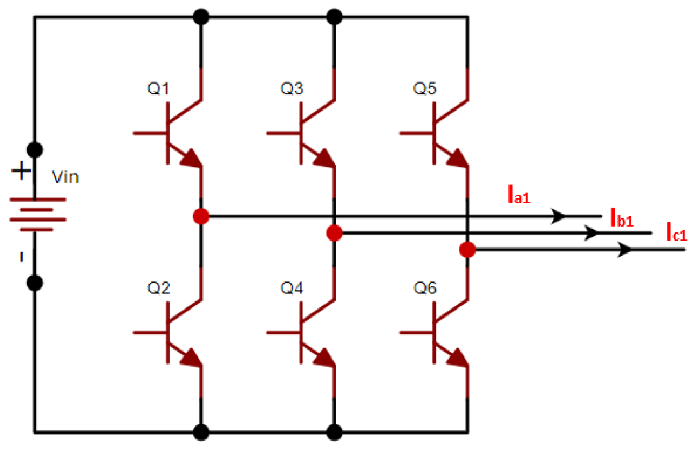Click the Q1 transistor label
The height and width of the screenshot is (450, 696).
click(158, 89)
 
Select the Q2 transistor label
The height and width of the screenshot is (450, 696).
click(159, 288)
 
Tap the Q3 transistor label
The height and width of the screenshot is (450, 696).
click(292, 89)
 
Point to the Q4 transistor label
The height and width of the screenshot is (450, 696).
click(292, 288)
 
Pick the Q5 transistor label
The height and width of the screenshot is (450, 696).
click(425, 89)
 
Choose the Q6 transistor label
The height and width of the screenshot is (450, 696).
click(425, 288)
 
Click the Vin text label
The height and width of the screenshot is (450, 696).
click(65, 177)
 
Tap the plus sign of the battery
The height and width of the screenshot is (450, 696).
click(21, 170)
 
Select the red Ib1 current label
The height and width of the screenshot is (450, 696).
click(622, 218)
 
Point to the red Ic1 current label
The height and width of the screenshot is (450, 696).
click(676, 232)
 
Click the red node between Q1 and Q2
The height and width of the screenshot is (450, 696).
click(201, 216)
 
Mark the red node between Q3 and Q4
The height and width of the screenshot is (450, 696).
click(335, 233)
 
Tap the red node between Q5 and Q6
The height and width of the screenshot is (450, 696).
click(467, 250)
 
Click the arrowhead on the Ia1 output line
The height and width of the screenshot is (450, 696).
click(558, 216)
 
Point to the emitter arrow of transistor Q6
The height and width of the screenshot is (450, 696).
click(458, 358)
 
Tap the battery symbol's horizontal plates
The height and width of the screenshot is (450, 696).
click(38, 215)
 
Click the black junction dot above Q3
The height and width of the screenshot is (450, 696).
click(335, 17)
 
